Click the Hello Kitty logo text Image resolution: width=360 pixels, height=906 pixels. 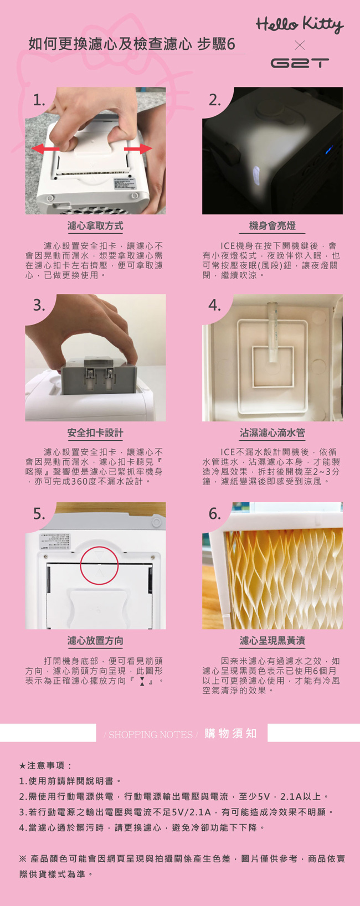coord(300,24)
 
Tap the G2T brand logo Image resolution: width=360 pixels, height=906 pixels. coord(299,63)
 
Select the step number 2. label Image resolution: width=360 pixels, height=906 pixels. coord(215,100)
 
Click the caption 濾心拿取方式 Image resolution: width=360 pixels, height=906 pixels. coord(95,226)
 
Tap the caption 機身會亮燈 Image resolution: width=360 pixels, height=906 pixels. coord(272,226)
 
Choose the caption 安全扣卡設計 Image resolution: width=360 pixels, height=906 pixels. coord(95,433)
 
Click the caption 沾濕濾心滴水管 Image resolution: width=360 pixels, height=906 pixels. coord(272,433)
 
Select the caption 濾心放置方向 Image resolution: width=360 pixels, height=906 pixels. coord(95,641)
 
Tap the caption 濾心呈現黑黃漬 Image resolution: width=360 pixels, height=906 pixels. coord(272,641)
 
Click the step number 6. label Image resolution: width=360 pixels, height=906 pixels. coord(215,514)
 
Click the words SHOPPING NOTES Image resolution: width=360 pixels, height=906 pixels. coord(151,735)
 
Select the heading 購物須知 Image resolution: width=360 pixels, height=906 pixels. coord(230,734)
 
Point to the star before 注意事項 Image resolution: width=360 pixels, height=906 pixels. coord(23,766)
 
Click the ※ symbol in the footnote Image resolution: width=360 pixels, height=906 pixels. coord(23,859)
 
